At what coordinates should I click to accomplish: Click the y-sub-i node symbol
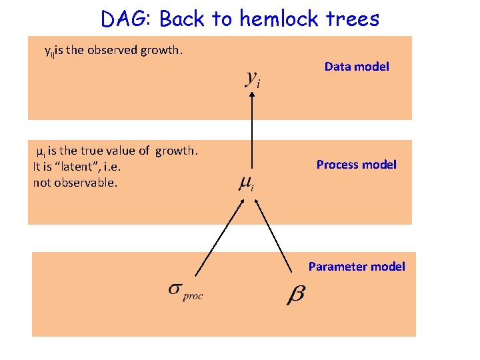253,79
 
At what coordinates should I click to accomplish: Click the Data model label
357,67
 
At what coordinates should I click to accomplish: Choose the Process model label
356,165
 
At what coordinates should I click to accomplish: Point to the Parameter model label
357,267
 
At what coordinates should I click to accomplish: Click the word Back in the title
182,19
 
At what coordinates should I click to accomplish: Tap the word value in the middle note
124,151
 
